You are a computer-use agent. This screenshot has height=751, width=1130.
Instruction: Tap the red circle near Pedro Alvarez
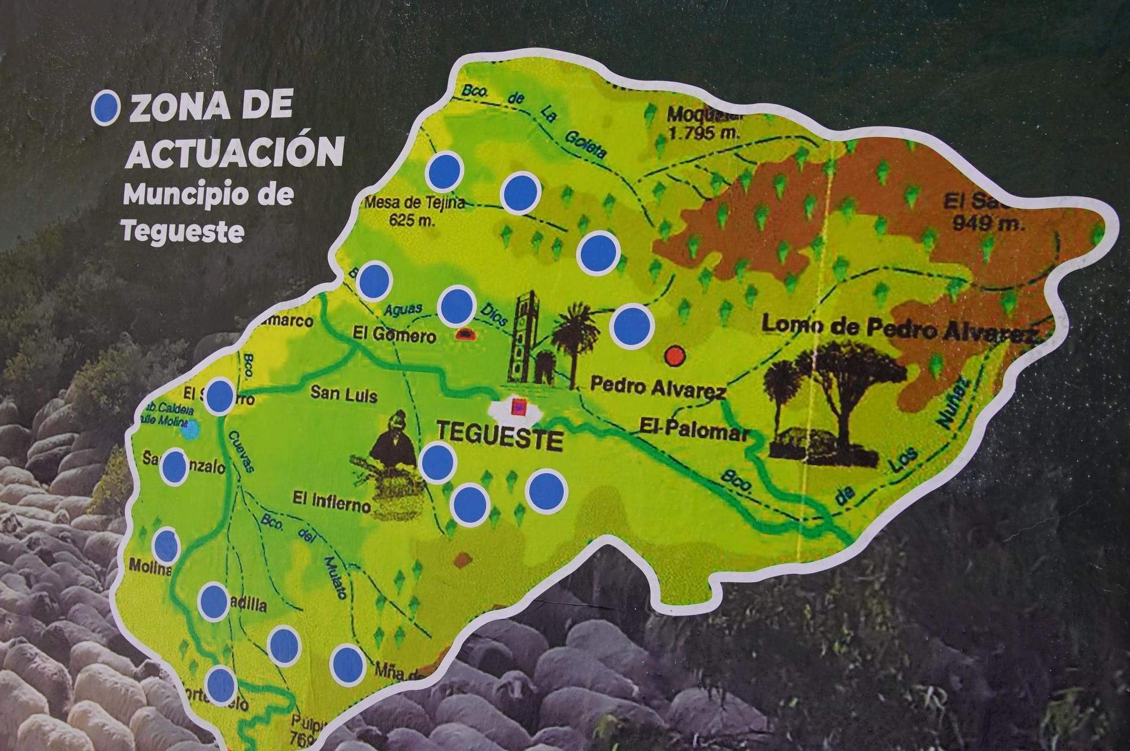[x=675, y=356]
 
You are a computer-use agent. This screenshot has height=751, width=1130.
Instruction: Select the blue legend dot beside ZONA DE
[x=106, y=108]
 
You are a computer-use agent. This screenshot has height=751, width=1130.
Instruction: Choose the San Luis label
[x=344, y=394]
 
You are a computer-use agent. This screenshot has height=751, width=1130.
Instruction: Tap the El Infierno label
[x=332, y=500]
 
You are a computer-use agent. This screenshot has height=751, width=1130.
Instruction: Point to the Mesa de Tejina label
[x=414, y=203]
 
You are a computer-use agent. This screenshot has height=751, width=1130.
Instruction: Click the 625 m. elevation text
[x=412, y=220]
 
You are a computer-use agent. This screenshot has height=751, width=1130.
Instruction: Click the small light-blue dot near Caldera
[x=191, y=429]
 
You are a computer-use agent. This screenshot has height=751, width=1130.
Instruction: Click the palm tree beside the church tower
[x=575, y=339]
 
